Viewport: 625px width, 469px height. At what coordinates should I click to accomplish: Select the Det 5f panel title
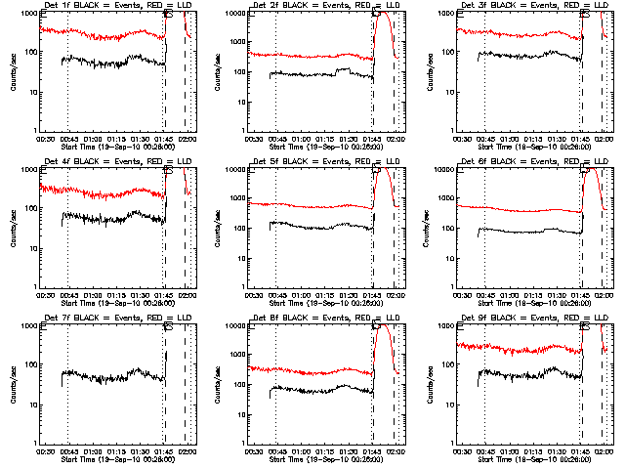coord(326,162)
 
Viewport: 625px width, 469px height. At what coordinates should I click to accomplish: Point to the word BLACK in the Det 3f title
coord(497,6)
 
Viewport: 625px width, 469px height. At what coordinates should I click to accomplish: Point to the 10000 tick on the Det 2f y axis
coord(237,14)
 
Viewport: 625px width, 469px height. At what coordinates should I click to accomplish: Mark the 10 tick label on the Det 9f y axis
coord(453,405)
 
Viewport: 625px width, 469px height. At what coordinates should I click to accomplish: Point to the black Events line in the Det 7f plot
coord(107,374)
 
